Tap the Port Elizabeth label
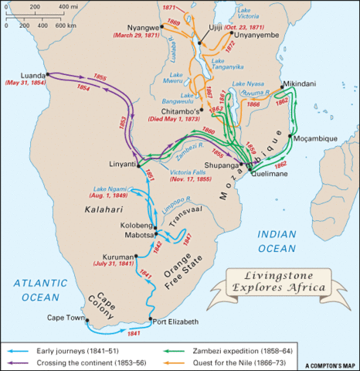tap(176, 322)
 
